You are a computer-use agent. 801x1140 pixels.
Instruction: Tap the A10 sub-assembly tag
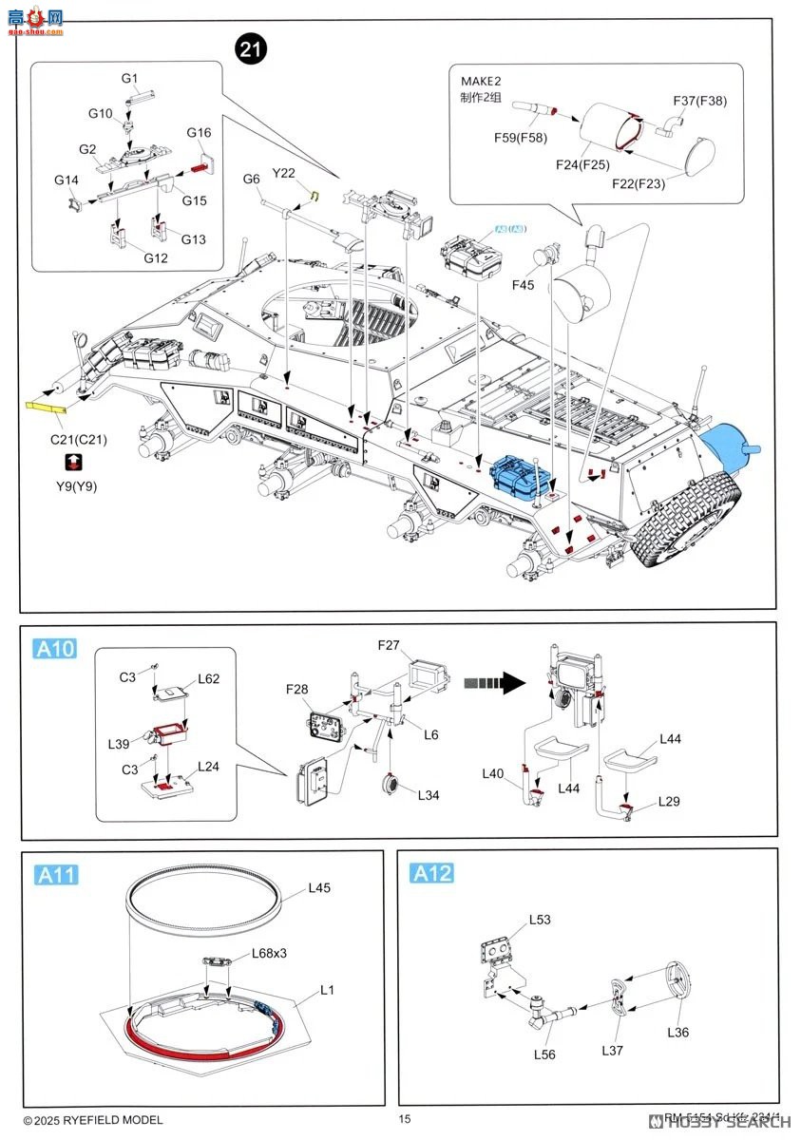(54, 649)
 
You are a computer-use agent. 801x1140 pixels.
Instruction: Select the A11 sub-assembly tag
(56, 875)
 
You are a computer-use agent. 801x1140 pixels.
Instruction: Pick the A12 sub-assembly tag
(431, 873)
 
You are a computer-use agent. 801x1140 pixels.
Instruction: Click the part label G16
(199, 133)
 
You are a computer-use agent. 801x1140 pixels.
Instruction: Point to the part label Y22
(284, 173)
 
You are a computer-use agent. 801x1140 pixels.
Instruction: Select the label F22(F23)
(639, 184)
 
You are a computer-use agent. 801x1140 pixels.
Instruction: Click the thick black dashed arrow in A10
(489, 681)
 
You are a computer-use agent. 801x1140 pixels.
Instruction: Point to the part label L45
(319, 889)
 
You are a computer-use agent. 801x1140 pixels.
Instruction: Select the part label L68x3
(269, 954)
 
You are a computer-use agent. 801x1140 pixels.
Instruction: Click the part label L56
(544, 1054)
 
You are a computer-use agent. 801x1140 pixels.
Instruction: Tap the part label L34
(429, 794)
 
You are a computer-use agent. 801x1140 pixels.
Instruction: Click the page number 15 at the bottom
(405, 1119)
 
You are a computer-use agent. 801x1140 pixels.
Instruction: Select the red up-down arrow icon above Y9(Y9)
(74, 462)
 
